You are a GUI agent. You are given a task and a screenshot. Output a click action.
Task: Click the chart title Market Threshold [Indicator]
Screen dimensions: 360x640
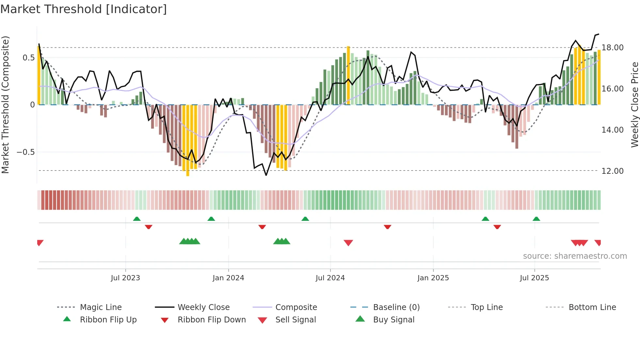tap(84, 9)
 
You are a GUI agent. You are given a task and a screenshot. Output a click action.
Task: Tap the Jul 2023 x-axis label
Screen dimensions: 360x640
tap(125, 278)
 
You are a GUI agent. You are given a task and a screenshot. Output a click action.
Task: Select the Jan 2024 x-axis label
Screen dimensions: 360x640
tap(228, 278)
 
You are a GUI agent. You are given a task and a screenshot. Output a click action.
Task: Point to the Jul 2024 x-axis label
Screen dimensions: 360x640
tap(330, 278)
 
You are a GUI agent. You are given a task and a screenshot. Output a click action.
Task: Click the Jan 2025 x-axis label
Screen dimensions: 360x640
tap(433, 278)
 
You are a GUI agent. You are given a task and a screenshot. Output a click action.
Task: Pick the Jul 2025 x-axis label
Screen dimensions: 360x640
tap(534, 278)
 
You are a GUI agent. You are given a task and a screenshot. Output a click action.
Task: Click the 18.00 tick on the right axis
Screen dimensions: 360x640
tap(612, 48)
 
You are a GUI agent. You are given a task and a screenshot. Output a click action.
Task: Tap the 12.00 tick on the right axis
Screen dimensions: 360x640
tap(612, 171)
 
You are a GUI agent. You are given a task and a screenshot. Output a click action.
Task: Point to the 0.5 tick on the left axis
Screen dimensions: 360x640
tap(28, 58)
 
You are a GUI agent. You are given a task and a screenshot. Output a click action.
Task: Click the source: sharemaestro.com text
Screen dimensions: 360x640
tap(575, 256)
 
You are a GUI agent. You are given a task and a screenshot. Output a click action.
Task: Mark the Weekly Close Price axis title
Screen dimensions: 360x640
tap(634, 105)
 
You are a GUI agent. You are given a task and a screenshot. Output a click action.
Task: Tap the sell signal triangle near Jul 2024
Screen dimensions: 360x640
tap(348, 242)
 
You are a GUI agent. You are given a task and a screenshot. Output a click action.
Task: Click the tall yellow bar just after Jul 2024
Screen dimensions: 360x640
tap(348, 75)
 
